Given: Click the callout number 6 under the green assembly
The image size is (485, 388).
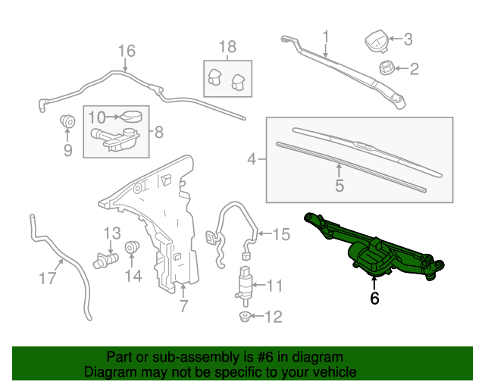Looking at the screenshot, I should [x=374, y=299].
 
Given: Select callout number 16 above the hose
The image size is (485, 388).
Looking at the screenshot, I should [x=126, y=51].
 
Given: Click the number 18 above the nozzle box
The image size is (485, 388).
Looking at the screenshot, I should [x=227, y=47].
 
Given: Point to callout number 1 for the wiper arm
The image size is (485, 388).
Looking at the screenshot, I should [x=326, y=36].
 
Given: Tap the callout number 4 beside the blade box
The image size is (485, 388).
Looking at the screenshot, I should [x=252, y=160].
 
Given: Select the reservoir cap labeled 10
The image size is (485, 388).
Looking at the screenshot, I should [x=133, y=116].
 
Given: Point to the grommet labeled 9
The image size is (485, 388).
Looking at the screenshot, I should [x=67, y=121].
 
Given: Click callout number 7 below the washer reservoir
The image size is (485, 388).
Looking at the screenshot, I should [x=183, y=307].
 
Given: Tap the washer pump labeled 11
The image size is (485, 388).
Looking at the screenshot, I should [x=246, y=284].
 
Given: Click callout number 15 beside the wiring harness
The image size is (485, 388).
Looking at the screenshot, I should [x=281, y=235].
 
